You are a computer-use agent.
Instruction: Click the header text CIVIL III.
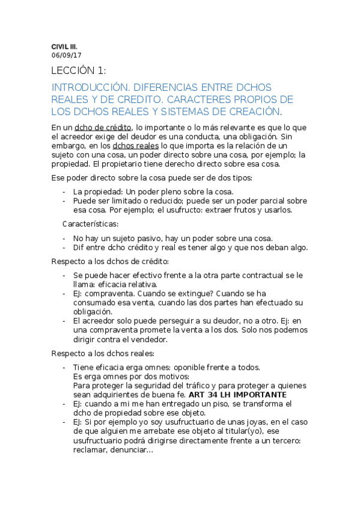tap(64, 46)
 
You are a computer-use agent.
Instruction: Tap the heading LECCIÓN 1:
tap(79, 72)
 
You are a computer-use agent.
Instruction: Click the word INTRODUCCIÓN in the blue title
tap(91, 87)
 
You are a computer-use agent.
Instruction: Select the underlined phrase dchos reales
tap(135, 146)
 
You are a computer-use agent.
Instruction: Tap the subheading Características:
tap(90, 224)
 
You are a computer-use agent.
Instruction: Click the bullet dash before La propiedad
tap(64, 192)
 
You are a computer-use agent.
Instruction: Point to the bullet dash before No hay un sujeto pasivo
tap(64, 238)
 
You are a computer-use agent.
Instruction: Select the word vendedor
tap(150, 339)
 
